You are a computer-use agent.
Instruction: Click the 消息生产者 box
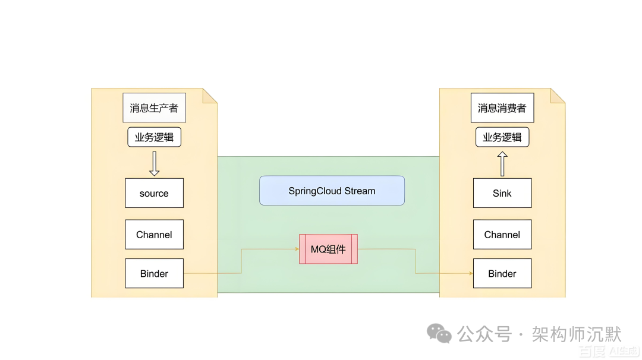154,108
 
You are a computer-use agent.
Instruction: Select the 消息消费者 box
502,108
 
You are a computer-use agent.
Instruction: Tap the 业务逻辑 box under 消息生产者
154,137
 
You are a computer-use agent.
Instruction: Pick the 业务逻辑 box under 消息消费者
502,137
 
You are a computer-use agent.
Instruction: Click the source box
154,193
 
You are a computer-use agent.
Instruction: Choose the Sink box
502,193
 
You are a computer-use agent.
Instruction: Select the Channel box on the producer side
154,235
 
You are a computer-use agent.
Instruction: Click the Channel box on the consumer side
502,235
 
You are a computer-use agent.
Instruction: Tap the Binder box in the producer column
154,273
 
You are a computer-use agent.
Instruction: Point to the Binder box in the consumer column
502,273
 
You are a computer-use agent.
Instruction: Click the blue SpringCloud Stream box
332,191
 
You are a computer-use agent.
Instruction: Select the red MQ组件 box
328,249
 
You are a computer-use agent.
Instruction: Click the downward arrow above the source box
154,163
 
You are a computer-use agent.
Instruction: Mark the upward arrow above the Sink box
502,163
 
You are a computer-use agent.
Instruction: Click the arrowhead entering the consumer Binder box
470,273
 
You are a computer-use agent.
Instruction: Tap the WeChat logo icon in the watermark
440,333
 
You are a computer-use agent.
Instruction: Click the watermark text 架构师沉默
576,334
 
